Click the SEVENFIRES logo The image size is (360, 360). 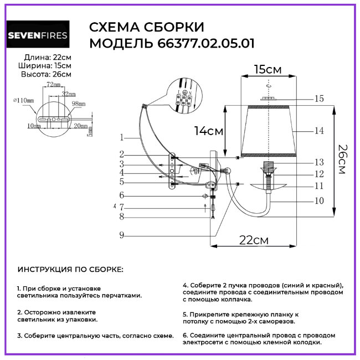[x=38, y=35]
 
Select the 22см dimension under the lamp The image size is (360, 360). [x=254, y=240]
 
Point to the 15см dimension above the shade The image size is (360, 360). [x=268, y=69]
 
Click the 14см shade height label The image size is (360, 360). [x=209, y=131]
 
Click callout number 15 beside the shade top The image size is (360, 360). [x=318, y=99]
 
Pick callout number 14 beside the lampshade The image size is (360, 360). [x=318, y=131]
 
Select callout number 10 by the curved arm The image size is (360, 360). [x=318, y=201]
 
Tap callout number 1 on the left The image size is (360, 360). [x=121, y=137]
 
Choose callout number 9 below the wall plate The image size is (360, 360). [x=121, y=235]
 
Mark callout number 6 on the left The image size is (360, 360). [x=121, y=195]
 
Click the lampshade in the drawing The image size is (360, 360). [x=269, y=130]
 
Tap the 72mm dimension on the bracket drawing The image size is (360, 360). [x=53, y=85]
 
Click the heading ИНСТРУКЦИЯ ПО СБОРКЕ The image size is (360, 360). [x=70, y=270]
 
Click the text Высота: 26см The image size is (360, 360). [x=46, y=74]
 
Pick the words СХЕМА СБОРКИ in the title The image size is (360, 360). [x=146, y=28]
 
